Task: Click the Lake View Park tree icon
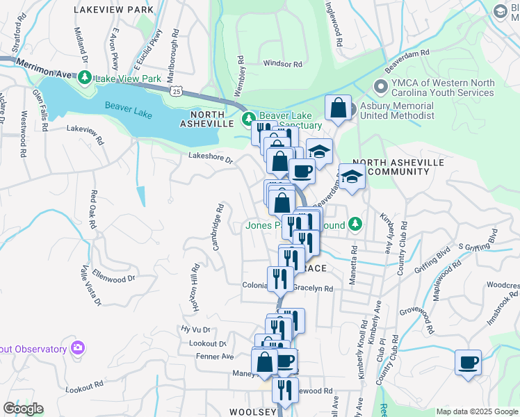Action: [x=85, y=77]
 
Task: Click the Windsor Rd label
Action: [x=283, y=64]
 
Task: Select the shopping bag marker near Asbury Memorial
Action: [x=338, y=108]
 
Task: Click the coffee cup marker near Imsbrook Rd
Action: [x=468, y=361]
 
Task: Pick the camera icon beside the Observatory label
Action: [x=77, y=347]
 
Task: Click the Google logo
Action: [x=22, y=409]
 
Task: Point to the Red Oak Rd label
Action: [x=92, y=207]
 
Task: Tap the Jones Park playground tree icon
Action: [x=356, y=224]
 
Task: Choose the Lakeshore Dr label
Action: [x=211, y=158]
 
